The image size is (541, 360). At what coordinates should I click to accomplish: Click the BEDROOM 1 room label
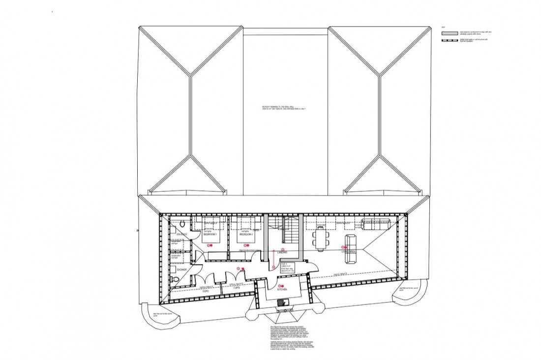coord(210,236)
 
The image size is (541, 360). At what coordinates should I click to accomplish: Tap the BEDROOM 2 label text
coord(245,235)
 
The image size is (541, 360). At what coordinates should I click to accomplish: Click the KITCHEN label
coord(282,290)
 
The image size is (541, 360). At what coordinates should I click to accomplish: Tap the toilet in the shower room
coord(176,279)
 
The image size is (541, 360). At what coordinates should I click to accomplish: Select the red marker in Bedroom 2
coord(245,244)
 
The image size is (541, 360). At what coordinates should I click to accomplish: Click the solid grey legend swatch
coord(450,33)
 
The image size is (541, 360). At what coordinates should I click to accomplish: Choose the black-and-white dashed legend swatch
coord(450,40)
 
